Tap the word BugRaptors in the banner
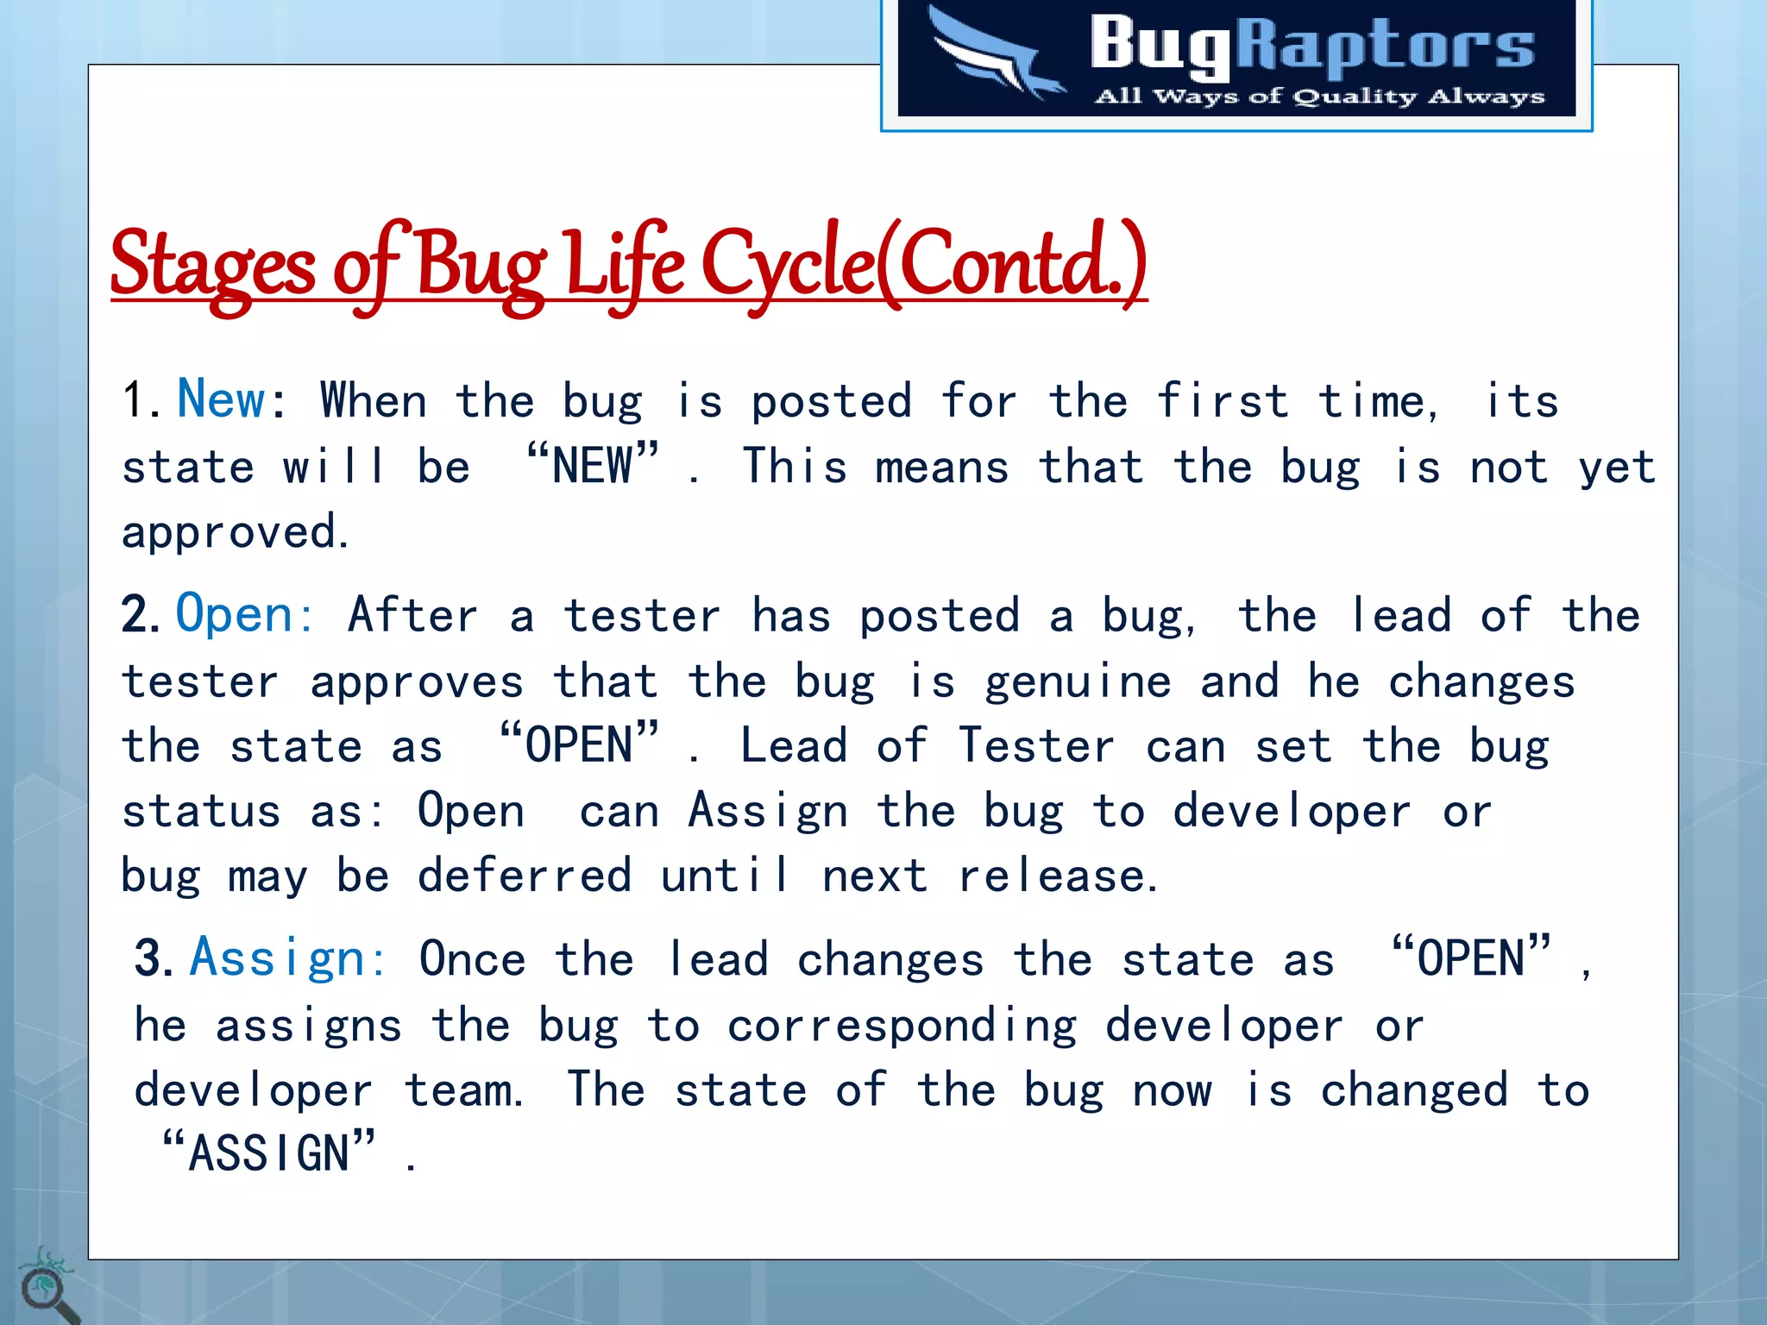coord(1311,43)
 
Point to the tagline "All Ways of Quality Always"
coord(1319,96)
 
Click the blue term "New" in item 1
coord(221,399)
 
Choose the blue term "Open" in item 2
coord(235,614)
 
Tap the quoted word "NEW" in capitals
coord(593,466)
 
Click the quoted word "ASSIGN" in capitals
coord(268,1153)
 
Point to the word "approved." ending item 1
coord(235,532)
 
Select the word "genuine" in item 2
coord(1078,682)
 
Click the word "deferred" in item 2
coord(525,876)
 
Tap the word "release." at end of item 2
coord(1057,876)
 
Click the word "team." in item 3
coord(463,1090)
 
